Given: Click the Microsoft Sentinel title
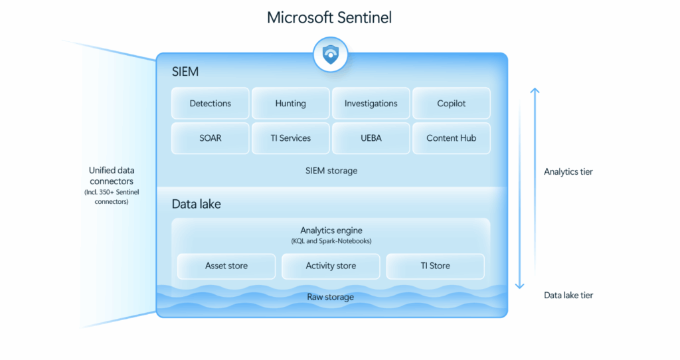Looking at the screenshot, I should click(x=329, y=17).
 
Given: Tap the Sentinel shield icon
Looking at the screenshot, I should click(x=330, y=55).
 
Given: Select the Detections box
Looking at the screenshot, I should click(x=211, y=104).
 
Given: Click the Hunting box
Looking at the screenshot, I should click(x=291, y=104).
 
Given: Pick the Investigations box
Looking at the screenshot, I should click(x=371, y=104).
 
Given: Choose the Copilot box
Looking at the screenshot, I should click(x=452, y=104).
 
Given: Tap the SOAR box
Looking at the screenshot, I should click(x=211, y=138).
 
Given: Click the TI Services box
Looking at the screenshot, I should click(x=291, y=138).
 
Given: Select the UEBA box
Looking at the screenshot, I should click(x=371, y=138).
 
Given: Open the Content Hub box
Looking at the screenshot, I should click(x=452, y=138).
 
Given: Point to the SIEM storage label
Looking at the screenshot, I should click(x=331, y=171).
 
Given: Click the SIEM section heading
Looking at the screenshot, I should click(x=185, y=72).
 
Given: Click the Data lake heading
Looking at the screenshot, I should click(x=197, y=205).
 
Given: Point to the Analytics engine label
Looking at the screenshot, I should click(x=331, y=230).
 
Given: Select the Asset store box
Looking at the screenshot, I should click(x=226, y=266).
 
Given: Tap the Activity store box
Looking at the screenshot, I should click(x=331, y=266).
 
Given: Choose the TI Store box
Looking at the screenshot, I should click(x=435, y=266).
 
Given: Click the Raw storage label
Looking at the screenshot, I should click(x=331, y=297).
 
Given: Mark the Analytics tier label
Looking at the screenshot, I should click(x=568, y=172).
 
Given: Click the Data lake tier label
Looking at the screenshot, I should click(x=568, y=295).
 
